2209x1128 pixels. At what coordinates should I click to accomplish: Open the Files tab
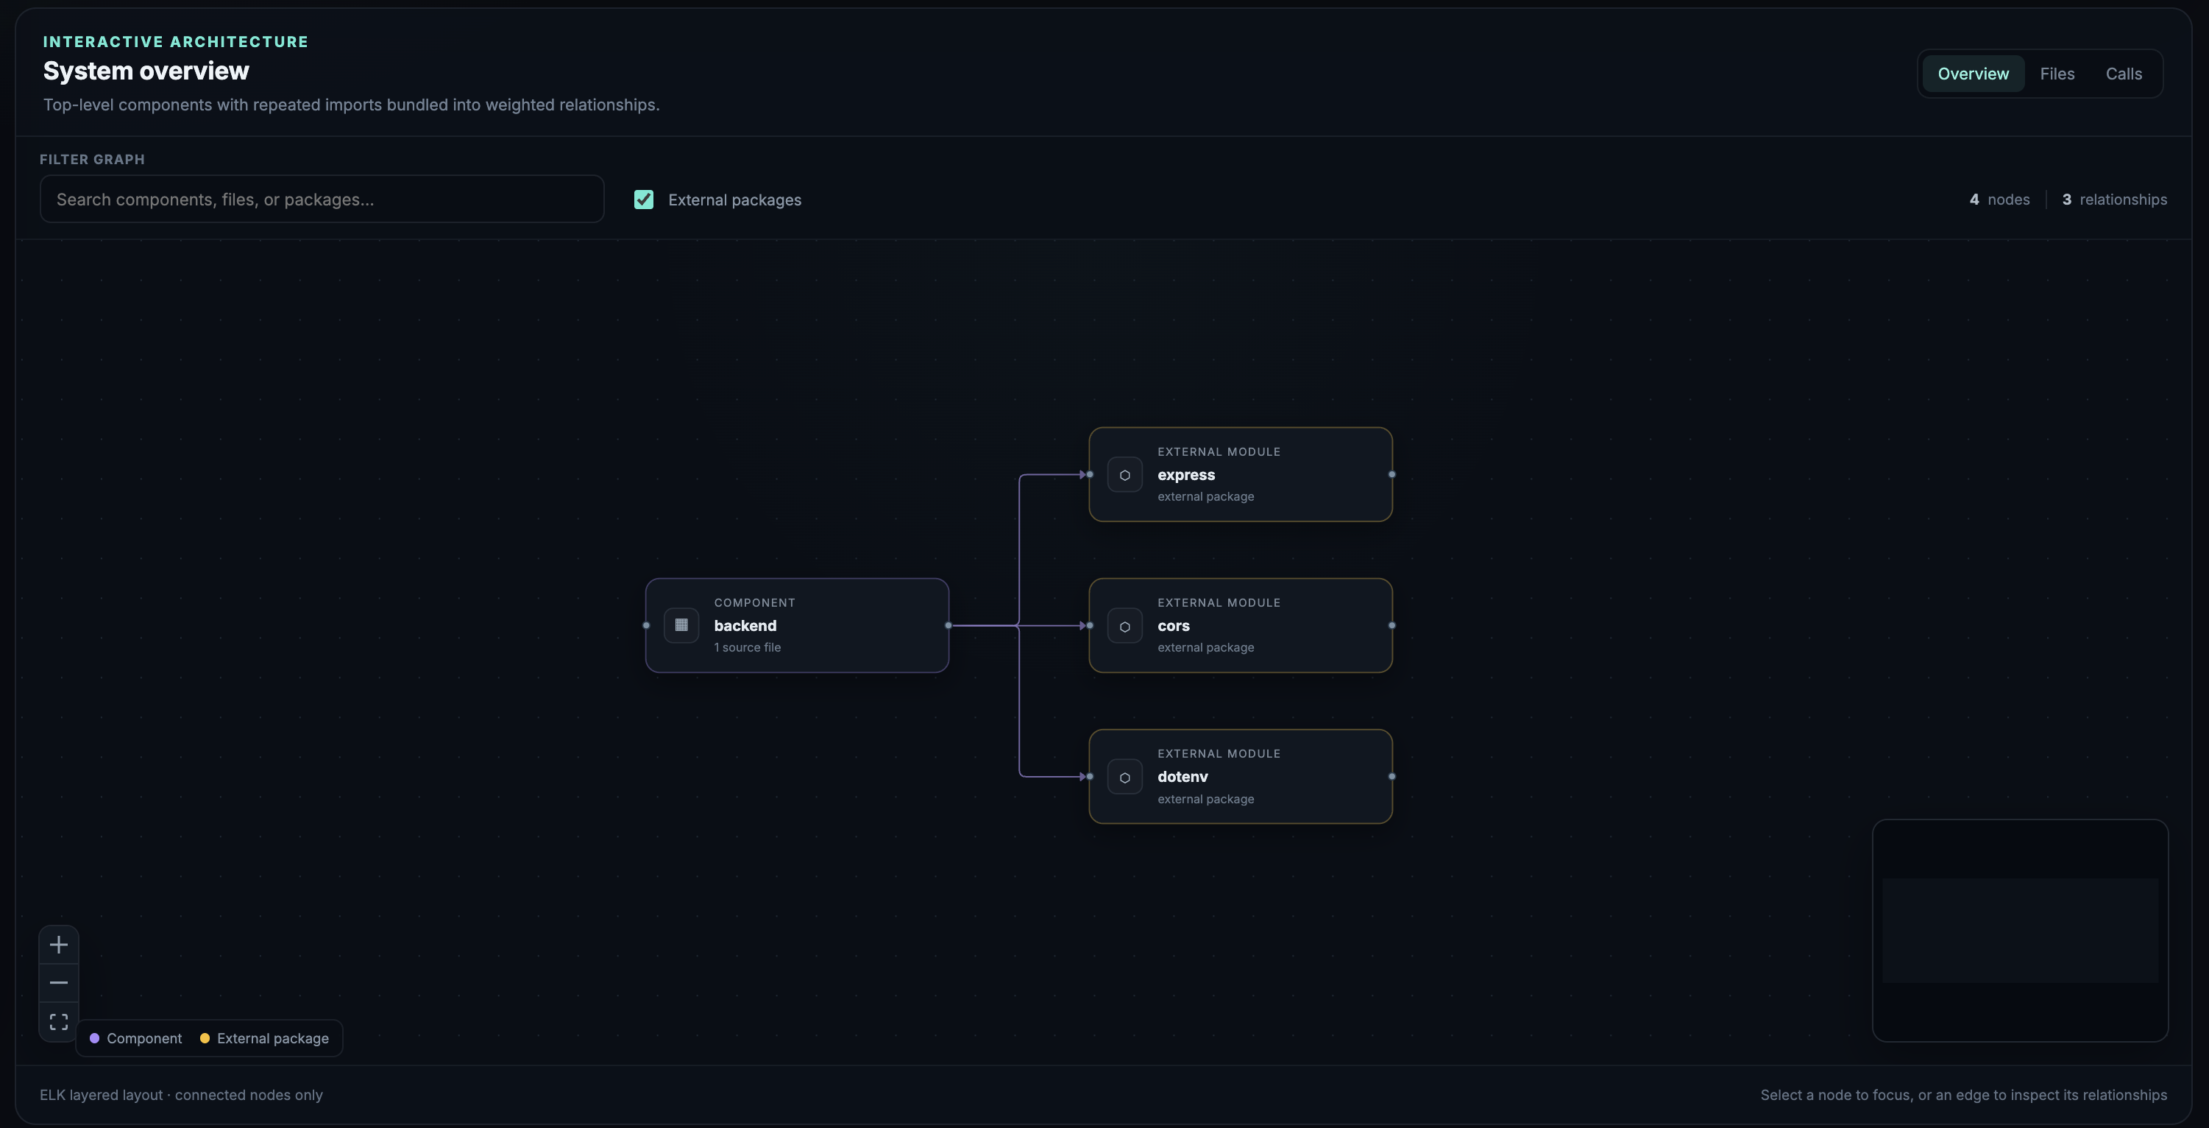2057,74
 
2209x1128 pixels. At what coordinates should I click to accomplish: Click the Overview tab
1974,74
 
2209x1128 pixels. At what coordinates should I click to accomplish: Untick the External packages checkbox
644,199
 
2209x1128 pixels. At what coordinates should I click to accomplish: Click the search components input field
322,199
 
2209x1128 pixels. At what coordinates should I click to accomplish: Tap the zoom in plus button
58,945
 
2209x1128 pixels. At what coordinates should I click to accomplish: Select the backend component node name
745,625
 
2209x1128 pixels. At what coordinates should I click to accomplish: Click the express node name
1186,474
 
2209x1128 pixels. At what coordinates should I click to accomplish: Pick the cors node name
1173,625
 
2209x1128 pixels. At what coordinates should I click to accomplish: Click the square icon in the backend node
681,624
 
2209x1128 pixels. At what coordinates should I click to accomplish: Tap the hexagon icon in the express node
1125,475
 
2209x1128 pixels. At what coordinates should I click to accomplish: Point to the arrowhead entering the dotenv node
1083,776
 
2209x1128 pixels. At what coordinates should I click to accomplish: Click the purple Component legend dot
94,1038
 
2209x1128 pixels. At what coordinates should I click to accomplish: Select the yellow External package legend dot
205,1038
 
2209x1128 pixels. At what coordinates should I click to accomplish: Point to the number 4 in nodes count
1974,199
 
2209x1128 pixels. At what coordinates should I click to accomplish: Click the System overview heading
146,71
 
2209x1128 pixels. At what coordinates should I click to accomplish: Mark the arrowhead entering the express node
1083,474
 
